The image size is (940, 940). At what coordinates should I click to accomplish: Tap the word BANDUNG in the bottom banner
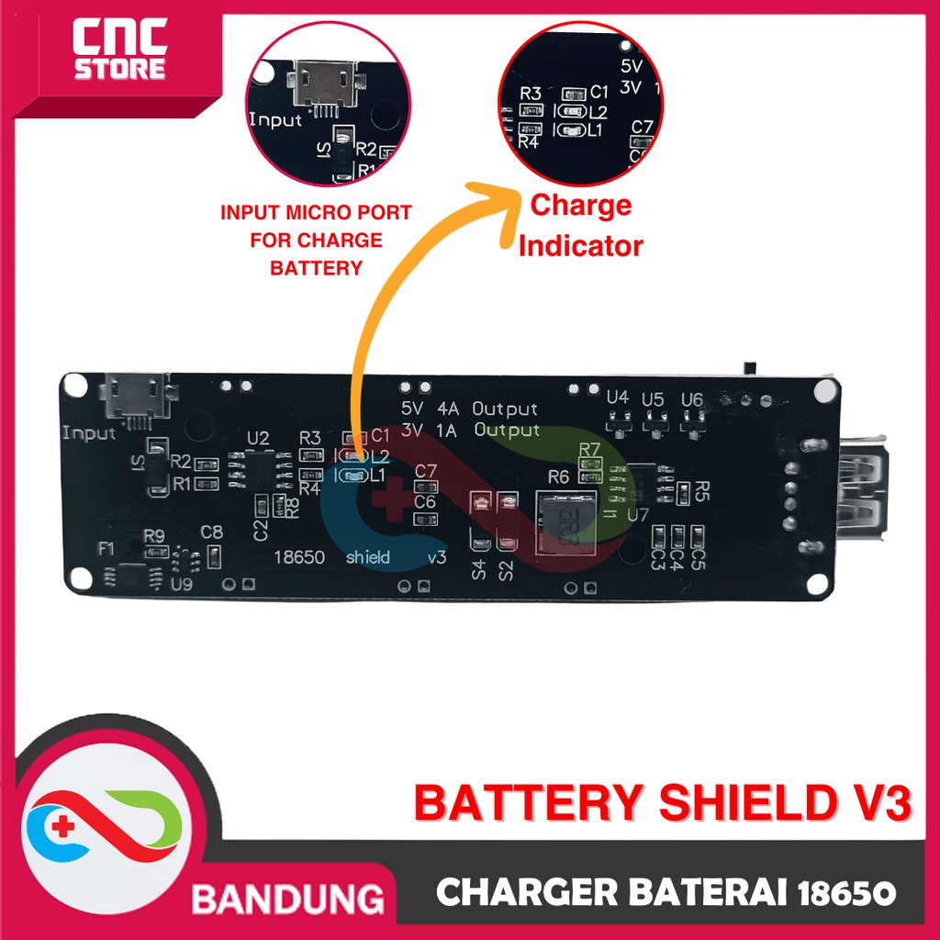pyautogui.click(x=287, y=897)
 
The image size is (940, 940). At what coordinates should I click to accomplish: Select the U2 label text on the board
pyautogui.click(x=258, y=437)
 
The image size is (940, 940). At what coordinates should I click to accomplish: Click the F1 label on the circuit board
pyautogui.click(x=106, y=549)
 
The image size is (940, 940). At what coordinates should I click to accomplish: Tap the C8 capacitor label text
pyautogui.click(x=212, y=532)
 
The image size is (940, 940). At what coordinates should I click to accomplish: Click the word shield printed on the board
pyautogui.click(x=368, y=557)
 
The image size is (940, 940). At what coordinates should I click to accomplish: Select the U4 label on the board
pyautogui.click(x=618, y=398)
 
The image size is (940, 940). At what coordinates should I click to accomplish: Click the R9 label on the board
pyautogui.click(x=153, y=536)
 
